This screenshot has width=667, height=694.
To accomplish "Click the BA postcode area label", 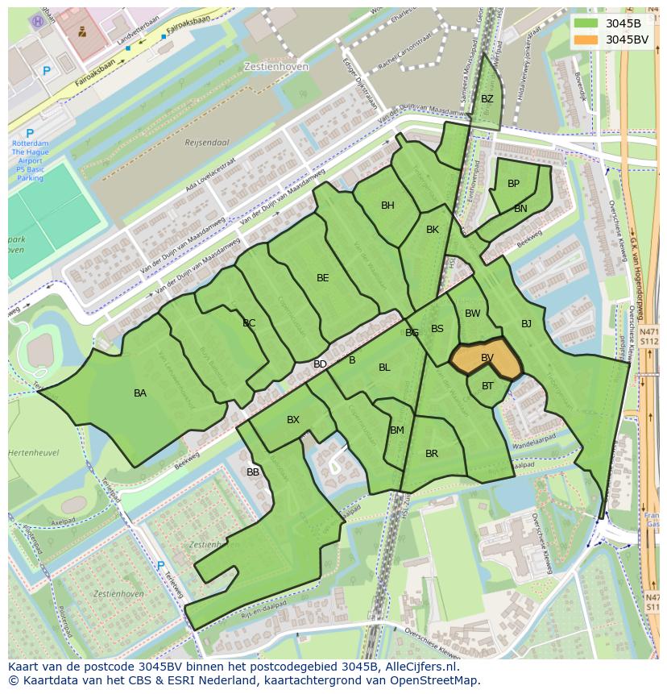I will pyautogui.click(x=140, y=393).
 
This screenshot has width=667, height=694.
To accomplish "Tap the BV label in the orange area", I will pyautogui.click(x=487, y=358).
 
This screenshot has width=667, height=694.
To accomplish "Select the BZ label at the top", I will pyautogui.click(x=487, y=99).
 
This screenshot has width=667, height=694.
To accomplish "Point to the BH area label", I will pyautogui.click(x=387, y=206).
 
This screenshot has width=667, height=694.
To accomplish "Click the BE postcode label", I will pyautogui.click(x=322, y=278).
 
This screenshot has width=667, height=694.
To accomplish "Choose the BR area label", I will pyautogui.click(x=432, y=454).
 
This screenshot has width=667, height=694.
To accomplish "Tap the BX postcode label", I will pyautogui.click(x=293, y=420).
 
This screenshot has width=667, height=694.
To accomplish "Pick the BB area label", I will pyautogui.click(x=253, y=472).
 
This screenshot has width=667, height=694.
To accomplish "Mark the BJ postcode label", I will pyautogui.click(x=526, y=324).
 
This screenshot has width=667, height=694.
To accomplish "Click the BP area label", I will pyautogui.click(x=513, y=184).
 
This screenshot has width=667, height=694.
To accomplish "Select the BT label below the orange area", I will pyautogui.click(x=487, y=386).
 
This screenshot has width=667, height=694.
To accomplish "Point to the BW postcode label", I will pyautogui.click(x=473, y=314).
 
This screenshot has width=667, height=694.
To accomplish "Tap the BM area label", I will pyautogui.click(x=397, y=430).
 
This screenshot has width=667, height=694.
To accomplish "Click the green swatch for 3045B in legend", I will pyautogui.click(x=587, y=23).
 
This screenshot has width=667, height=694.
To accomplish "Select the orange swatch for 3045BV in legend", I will pyautogui.click(x=587, y=39).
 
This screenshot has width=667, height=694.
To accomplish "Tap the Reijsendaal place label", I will pyautogui.click(x=207, y=143).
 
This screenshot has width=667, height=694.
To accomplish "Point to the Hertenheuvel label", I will pyautogui.click(x=33, y=453).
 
